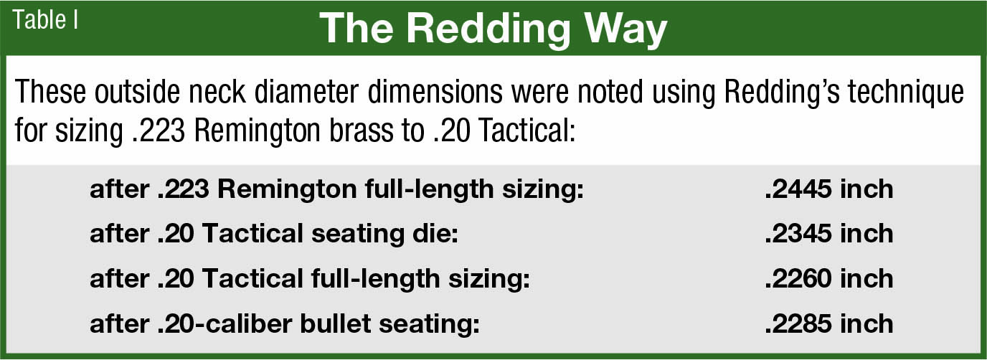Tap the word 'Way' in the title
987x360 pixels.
pos(624,30)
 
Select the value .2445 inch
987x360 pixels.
pos(828,189)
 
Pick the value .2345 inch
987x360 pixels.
pos(828,234)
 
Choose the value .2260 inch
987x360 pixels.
pos(828,278)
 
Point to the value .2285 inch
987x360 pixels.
pos(828,323)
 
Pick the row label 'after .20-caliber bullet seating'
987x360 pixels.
pos(284,323)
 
